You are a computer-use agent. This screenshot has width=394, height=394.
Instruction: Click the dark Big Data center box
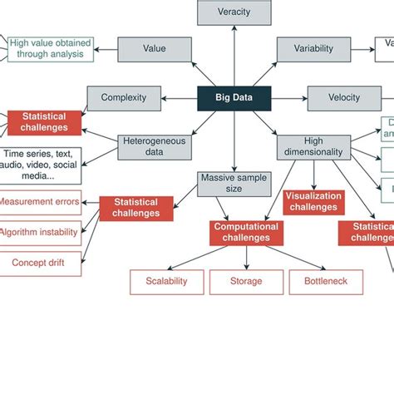[234, 98]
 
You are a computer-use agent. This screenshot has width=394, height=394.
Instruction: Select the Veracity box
[234, 12]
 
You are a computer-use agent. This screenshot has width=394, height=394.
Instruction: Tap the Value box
[154, 49]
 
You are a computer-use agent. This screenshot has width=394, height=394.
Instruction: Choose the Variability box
[313, 49]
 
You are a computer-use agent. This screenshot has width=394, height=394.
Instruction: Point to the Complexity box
[123, 98]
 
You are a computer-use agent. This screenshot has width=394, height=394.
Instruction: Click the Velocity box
[343, 98]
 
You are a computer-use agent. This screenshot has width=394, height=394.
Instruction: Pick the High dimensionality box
[313, 147]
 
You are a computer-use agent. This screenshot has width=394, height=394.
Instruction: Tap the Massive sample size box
[234, 184]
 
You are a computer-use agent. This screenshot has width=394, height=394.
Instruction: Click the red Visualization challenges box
[313, 202]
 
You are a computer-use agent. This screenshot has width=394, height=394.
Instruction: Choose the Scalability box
[167, 282]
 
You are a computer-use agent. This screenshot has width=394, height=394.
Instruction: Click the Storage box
[245, 282]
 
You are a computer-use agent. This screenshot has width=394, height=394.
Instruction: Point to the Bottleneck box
[324, 282]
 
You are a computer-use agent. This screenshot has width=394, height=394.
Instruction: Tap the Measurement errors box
[39, 202]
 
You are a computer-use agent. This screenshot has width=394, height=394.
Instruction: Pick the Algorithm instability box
[39, 232]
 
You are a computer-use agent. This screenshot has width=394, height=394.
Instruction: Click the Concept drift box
[39, 263]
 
